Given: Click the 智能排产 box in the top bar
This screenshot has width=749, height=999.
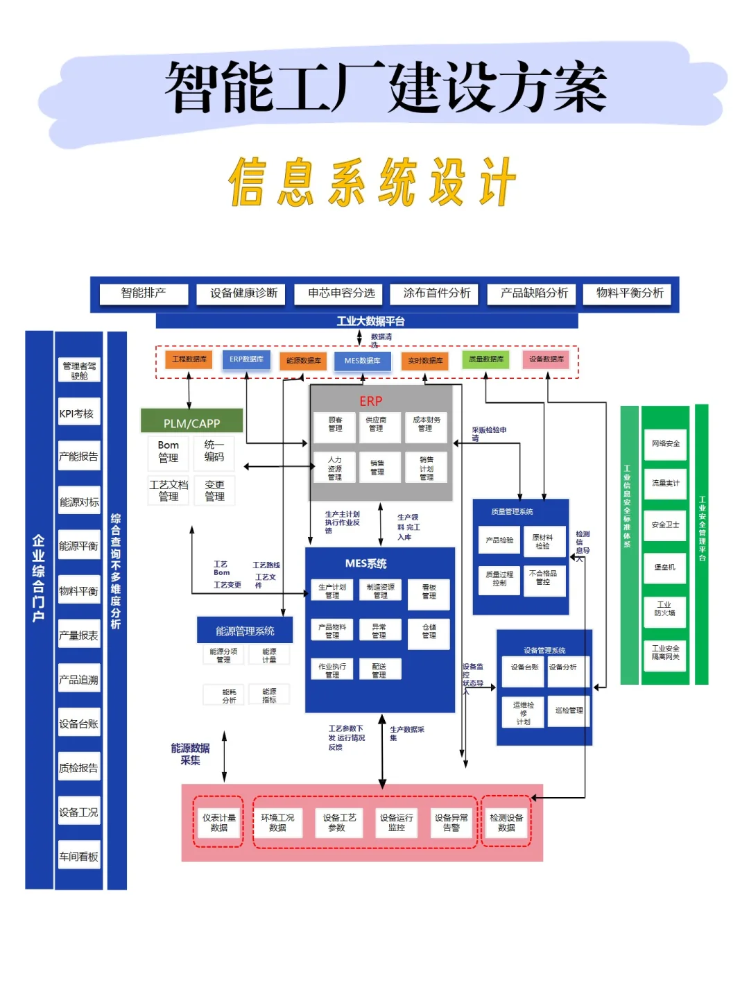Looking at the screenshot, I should (144, 293).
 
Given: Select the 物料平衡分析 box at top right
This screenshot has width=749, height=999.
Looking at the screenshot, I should (630, 293).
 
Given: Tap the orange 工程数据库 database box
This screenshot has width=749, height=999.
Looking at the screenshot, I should (189, 359).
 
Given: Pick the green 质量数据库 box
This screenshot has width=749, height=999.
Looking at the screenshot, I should (486, 359).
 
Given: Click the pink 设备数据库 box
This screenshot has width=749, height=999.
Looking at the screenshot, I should (546, 359).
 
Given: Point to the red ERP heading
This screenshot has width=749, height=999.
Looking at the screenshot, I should (371, 401).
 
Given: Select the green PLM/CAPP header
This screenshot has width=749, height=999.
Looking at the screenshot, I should (191, 422).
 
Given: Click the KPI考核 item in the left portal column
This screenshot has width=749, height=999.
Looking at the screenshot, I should (78, 413).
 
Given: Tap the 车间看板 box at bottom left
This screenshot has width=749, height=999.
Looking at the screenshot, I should (78, 857).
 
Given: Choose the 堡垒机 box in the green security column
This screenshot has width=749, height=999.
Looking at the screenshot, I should (664, 567).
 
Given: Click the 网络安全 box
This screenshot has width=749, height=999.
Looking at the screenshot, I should (665, 443).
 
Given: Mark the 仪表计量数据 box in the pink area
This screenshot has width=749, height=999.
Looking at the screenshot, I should (219, 822).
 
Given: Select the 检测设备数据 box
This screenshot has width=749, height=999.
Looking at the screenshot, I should (506, 822).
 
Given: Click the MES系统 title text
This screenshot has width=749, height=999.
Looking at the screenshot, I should (366, 563).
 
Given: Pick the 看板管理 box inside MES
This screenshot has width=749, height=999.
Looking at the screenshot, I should (429, 591).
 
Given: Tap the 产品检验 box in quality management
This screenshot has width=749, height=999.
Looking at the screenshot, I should (499, 540).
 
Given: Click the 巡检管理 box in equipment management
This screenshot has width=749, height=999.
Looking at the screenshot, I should (569, 710).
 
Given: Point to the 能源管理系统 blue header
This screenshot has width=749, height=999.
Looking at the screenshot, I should (245, 631).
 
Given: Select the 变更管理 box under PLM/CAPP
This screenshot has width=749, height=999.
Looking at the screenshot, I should (214, 490).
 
